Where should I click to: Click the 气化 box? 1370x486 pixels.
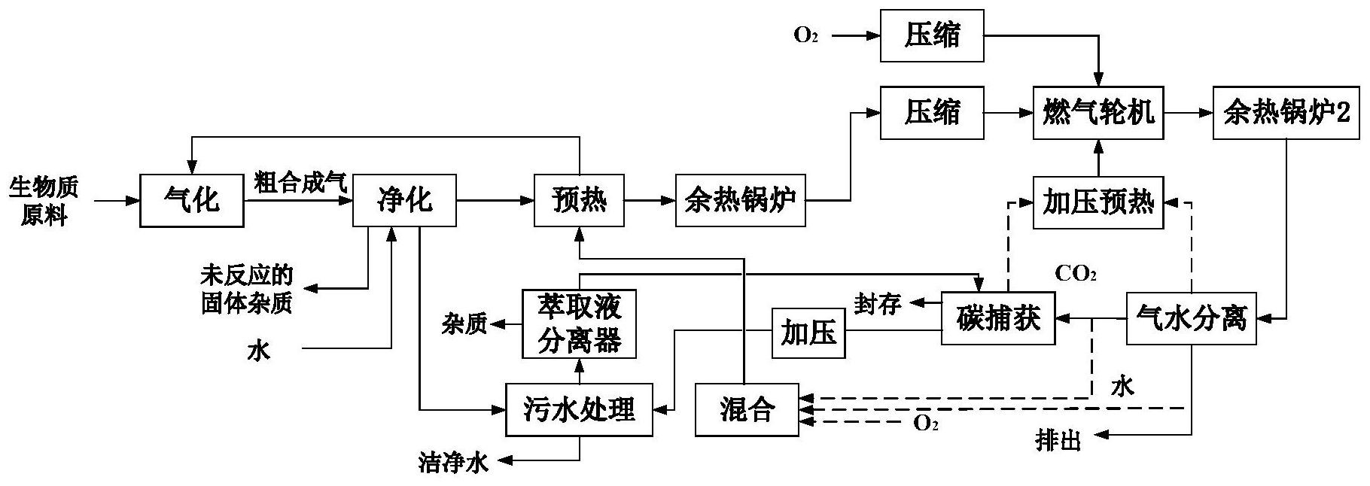[x=192, y=201]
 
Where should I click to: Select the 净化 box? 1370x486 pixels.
[x=404, y=201]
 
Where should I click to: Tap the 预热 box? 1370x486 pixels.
[x=579, y=201]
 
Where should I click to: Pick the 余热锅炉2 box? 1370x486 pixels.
[x=1286, y=113]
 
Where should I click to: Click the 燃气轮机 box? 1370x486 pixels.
[x=1098, y=113]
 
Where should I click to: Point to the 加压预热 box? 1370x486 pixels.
[x=1098, y=202]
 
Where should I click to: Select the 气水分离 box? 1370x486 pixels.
[x=1192, y=319]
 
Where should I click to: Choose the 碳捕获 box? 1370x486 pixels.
[x=998, y=319]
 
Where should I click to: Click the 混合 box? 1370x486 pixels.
[x=746, y=409]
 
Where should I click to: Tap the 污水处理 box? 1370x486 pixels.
[x=579, y=409]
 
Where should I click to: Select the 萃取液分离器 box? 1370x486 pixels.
[x=579, y=324]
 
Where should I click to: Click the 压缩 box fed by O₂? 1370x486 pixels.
[x=932, y=35]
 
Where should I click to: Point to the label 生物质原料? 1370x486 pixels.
[x=44, y=201]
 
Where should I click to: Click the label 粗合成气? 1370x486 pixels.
[x=300, y=183]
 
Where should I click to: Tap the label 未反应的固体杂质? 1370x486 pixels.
[x=246, y=288]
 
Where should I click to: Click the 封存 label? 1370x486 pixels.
[x=877, y=304]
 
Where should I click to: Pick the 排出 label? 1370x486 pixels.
[x=1058, y=442]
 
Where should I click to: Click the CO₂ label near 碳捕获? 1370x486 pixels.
[x=1075, y=275]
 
